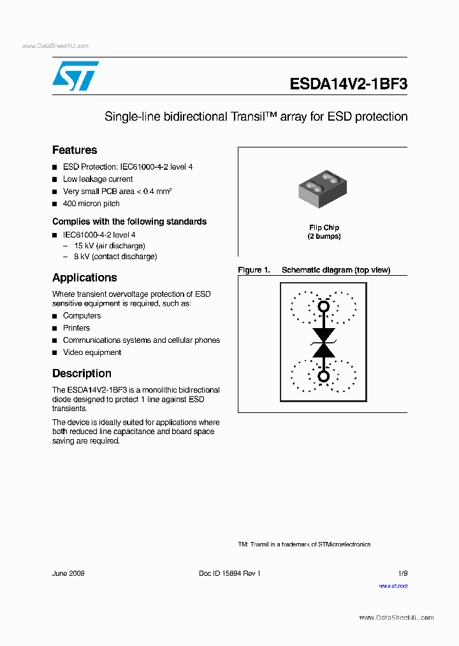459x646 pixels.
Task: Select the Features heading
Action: tap(75, 150)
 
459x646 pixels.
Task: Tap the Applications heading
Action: tap(84, 278)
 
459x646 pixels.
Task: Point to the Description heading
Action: tap(82, 373)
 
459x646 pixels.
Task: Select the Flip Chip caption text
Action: tap(324, 228)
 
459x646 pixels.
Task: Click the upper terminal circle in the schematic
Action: tap(324, 307)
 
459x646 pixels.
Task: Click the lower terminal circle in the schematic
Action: tap(324, 377)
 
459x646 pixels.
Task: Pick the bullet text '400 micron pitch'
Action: tap(91, 204)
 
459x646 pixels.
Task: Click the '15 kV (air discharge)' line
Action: tap(109, 246)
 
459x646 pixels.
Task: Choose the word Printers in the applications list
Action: tap(76, 328)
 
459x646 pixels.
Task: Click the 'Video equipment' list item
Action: tap(92, 352)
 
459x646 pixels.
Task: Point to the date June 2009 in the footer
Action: tap(68, 573)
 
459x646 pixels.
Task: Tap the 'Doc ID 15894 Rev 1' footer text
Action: tap(229, 573)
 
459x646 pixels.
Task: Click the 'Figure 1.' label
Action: tap(254, 270)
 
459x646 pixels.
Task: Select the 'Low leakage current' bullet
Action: tap(98, 179)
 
